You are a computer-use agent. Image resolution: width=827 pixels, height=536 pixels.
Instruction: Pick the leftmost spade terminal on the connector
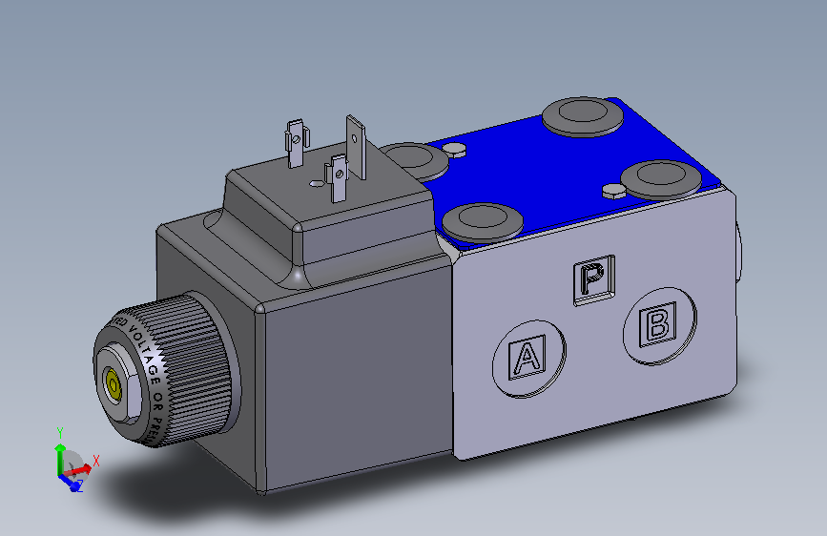coord(296,141)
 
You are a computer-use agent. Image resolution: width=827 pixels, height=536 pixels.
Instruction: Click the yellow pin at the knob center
coord(113,386)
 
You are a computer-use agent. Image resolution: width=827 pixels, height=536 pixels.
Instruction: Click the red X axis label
coord(96,460)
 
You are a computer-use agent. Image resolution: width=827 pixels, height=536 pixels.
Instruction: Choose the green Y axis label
coord(59,432)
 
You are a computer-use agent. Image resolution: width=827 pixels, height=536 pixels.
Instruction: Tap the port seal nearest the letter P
coord(485,221)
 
